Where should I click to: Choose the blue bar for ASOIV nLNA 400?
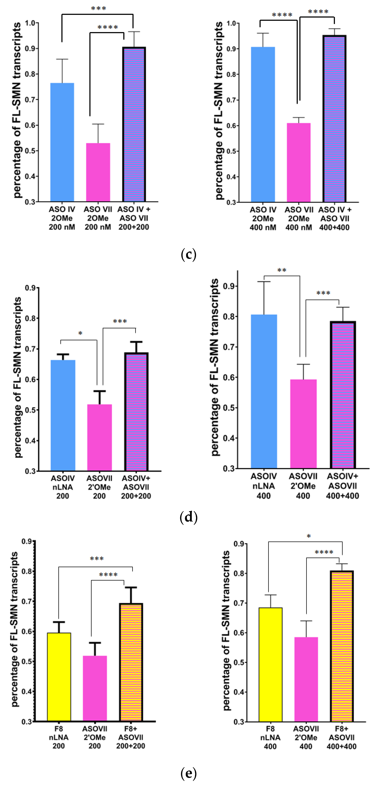click(x=264, y=391)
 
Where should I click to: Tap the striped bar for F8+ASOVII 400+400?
click(x=342, y=646)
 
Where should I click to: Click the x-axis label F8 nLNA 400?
click(x=270, y=738)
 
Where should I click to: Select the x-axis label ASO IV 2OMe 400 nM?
click(x=263, y=219)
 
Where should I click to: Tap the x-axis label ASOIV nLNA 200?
click(x=63, y=487)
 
